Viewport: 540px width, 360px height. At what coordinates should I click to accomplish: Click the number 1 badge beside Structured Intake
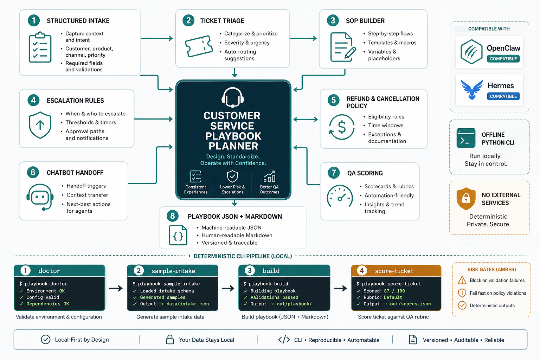(34, 20)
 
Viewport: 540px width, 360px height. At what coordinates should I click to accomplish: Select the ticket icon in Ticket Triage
(199, 46)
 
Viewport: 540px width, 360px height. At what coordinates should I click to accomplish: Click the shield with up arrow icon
(40, 125)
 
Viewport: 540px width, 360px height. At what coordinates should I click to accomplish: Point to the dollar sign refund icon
(341, 127)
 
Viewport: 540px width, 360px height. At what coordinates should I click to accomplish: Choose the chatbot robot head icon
(40, 197)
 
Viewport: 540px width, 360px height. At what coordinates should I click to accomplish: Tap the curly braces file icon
(178, 235)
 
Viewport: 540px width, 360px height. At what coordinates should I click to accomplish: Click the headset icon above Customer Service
(233, 97)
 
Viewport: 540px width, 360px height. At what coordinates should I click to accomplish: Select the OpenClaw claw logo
(471, 52)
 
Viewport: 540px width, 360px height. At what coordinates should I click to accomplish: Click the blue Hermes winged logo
(472, 89)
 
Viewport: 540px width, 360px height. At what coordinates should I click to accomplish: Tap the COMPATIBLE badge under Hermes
(503, 96)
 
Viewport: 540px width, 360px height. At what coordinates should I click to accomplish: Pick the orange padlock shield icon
(466, 198)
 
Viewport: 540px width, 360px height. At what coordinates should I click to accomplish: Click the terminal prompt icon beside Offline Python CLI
(466, 137)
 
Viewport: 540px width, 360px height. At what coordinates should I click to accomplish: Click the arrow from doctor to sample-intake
(116, 288)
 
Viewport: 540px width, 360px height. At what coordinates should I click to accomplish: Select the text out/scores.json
(410, 304)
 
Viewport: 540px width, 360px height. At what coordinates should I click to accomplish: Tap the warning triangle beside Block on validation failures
(462, 281)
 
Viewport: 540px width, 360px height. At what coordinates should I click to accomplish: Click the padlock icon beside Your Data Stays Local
(170, 340)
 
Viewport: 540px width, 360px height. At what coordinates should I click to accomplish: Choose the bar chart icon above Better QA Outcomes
(269, 176)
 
